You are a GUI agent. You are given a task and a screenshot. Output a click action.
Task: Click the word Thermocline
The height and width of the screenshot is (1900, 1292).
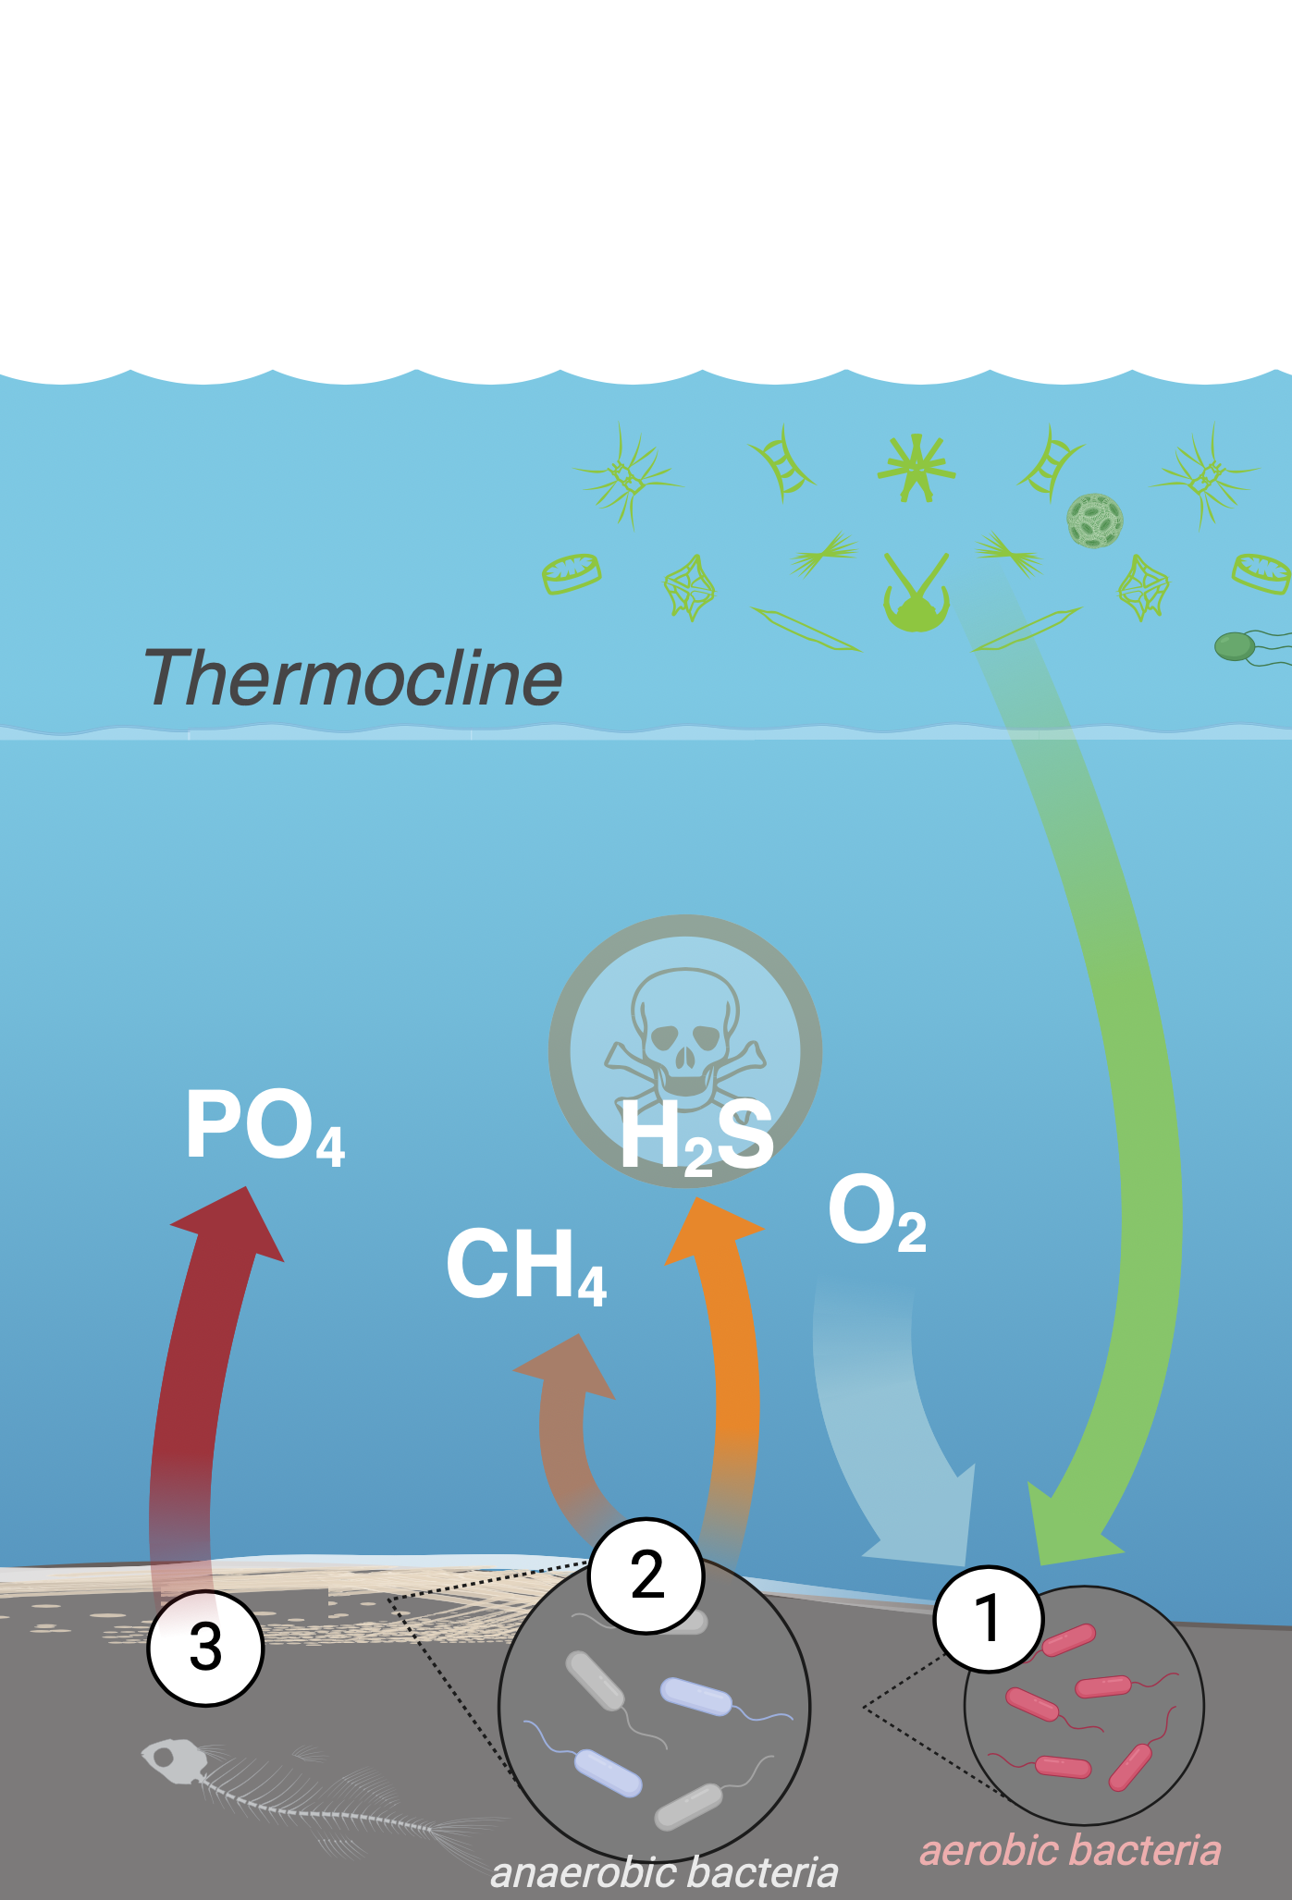pyautogui.click(x=352, y=678)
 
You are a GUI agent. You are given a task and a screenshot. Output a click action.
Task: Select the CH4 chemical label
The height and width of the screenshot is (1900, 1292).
pyautogui.click(x=525, y=1266)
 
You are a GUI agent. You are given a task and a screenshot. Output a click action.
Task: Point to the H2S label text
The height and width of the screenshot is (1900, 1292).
pyautogui.click(x=695, y=1138)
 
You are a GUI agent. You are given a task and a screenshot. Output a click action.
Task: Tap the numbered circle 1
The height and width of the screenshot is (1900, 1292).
pyautogui.click(x=989, y=1619)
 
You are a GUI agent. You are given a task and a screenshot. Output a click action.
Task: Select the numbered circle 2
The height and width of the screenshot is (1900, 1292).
pyautogui.click(x=646, y=1575)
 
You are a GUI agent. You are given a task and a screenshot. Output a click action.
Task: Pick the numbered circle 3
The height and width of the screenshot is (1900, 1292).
pyautogui.click(x=205, y=1648)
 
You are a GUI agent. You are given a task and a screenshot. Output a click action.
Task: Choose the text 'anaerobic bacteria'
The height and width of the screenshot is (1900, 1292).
pyautogui.click(x=664, y=1872)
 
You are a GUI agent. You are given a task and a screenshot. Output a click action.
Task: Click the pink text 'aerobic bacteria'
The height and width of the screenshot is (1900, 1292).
pyautogui.click(x=1070, y=1850)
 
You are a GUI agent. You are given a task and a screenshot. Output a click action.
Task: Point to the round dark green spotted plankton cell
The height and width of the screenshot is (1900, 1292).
pyautogui.click(x=1095, y=520)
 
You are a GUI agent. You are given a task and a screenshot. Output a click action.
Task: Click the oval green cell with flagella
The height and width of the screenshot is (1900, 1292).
pyautogui.click(x=1236, y=646)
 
